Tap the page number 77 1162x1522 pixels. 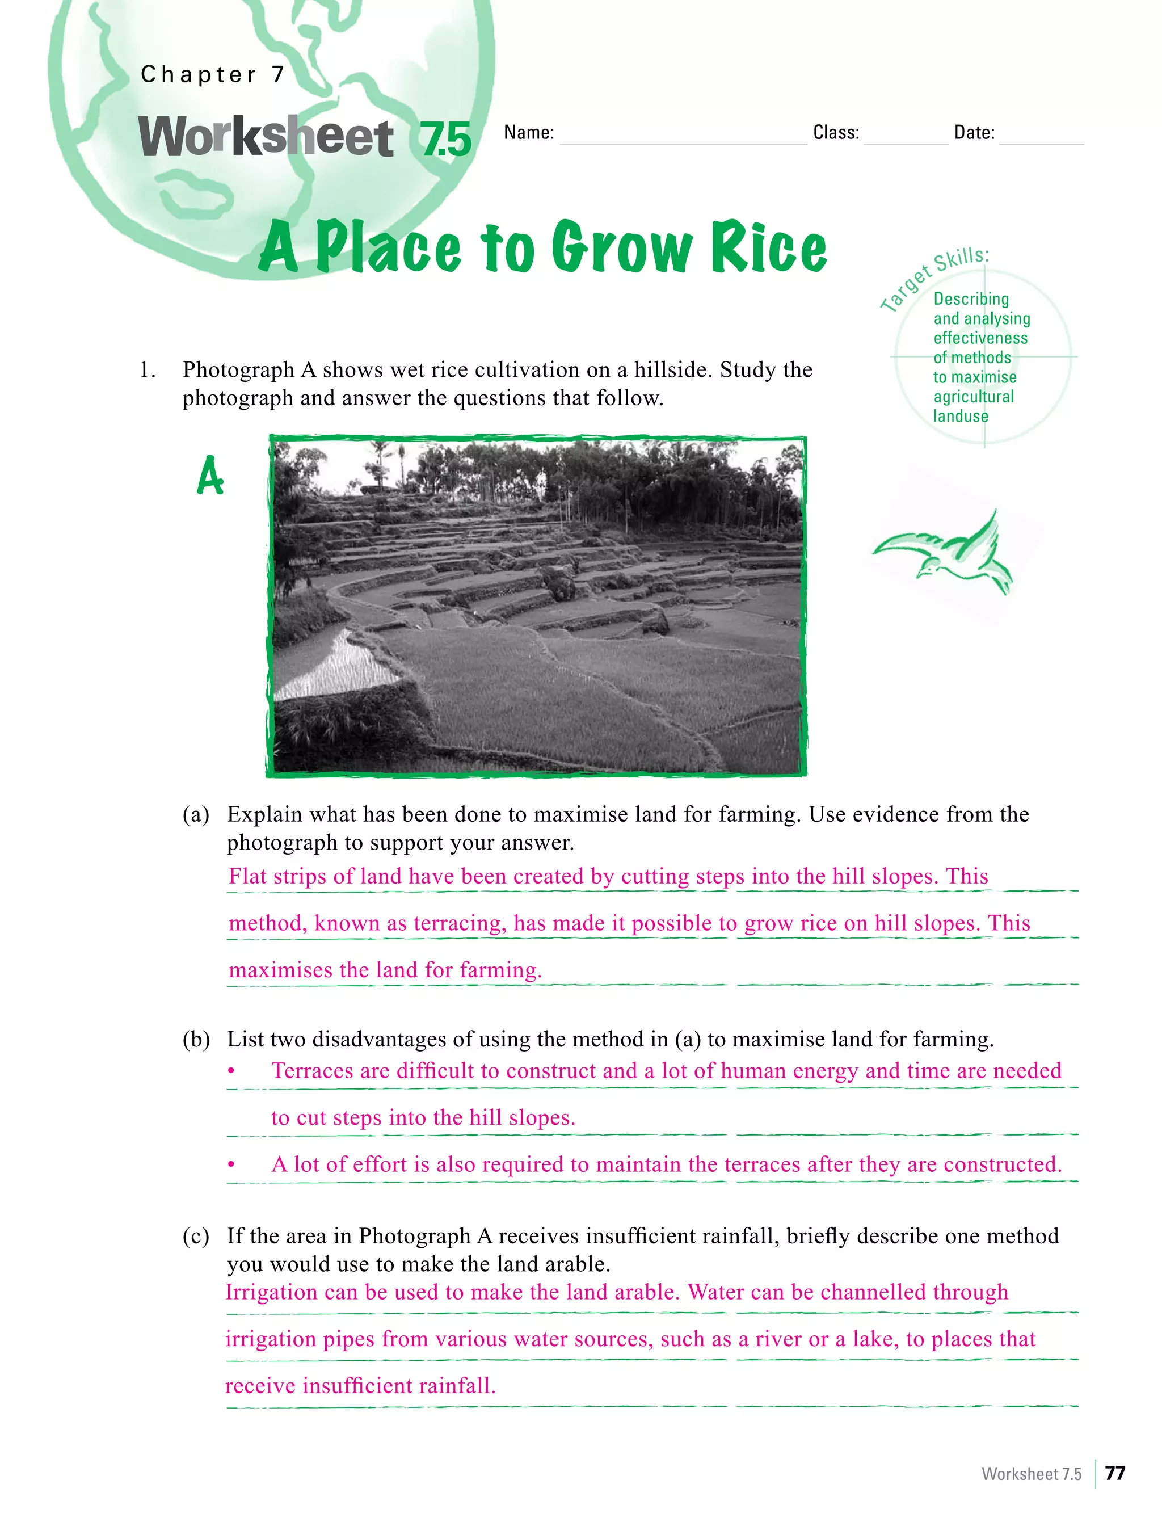[x=1115, y=1473]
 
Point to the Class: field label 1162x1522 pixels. [x=836, y=133]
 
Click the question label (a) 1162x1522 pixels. [x=196, y=814]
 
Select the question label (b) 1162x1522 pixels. [x=196, y=1039]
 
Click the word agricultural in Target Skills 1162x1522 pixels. [x=973, y=397]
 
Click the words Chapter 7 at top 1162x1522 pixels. [x=212, y=74]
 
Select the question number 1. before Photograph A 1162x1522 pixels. [x=148, y=370]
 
